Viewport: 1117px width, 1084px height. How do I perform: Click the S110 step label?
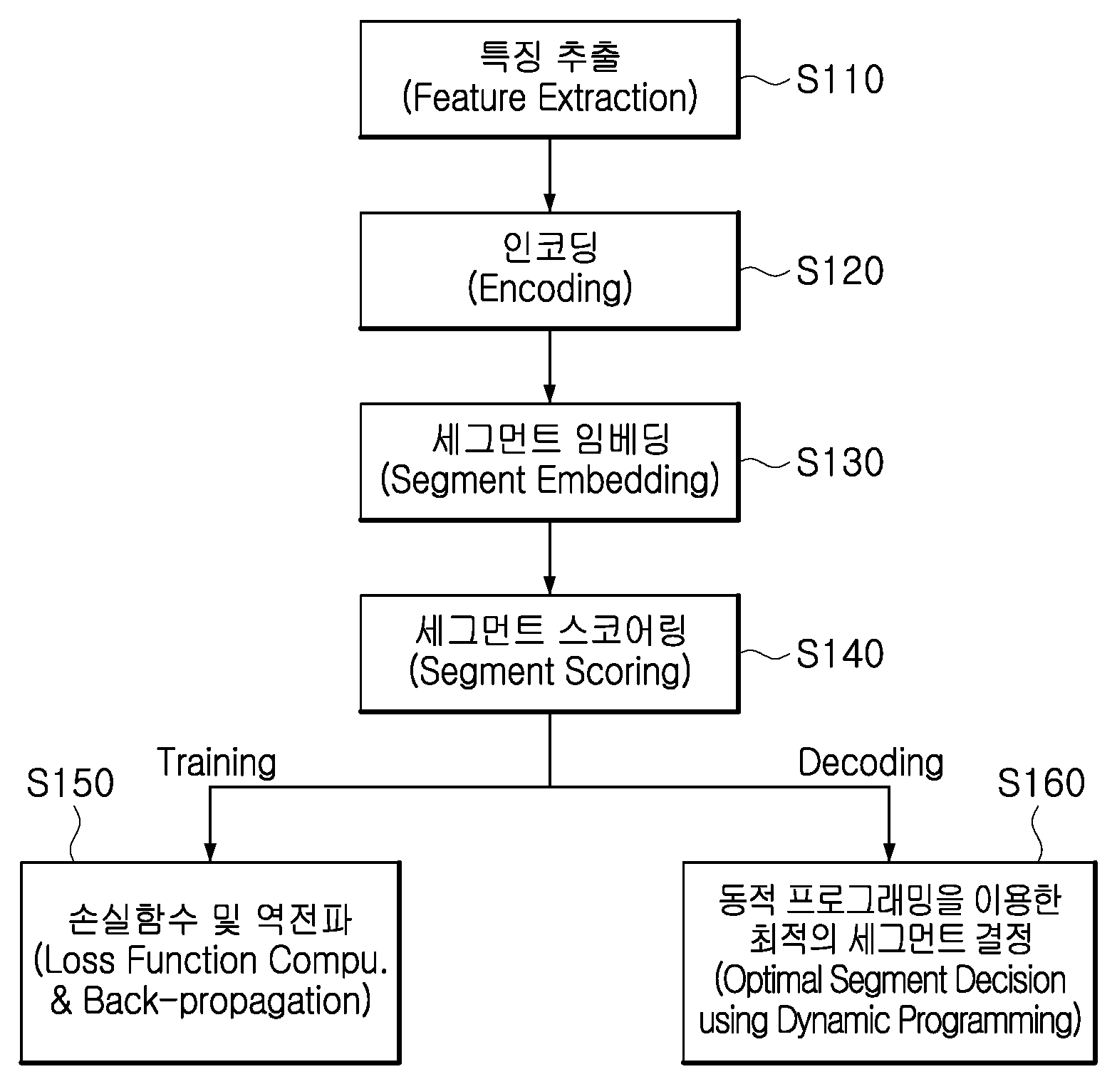(x=840, y=80)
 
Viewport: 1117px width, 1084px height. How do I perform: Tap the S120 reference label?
(x=840, y=271)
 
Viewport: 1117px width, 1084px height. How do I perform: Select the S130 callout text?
(x=840, y=462)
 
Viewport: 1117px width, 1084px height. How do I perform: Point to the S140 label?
(x=840, y=654)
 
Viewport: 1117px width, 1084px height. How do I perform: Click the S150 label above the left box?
(x=71, y=783)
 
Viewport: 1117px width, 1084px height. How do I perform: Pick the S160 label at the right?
(x=1041, y=783)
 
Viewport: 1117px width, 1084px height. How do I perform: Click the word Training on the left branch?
(x=217, y=764)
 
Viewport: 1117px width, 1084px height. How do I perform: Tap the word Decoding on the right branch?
(x=871, y=764)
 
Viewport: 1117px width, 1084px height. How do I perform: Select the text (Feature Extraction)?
(x=549, y=98)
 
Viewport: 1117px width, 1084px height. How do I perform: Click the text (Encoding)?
(x=549, y=289)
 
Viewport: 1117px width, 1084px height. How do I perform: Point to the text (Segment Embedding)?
(x=549, y=481)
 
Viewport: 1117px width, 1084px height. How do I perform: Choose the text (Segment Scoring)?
(x=549, y=672)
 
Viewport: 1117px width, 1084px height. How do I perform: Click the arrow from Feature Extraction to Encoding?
(x=549, y=174)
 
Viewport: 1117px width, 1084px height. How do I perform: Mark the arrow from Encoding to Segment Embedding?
(x=549, y=366)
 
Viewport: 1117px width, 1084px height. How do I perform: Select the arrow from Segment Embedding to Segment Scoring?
(x=549, y=558)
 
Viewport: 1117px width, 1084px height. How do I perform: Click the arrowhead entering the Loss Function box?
(x=209, y=852)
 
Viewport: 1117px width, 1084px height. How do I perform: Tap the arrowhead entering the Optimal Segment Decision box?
(x=889, y=852)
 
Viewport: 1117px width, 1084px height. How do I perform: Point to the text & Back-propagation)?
(x=211, y=1001)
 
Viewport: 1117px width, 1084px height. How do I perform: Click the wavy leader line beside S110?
(x=766, y=80)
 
